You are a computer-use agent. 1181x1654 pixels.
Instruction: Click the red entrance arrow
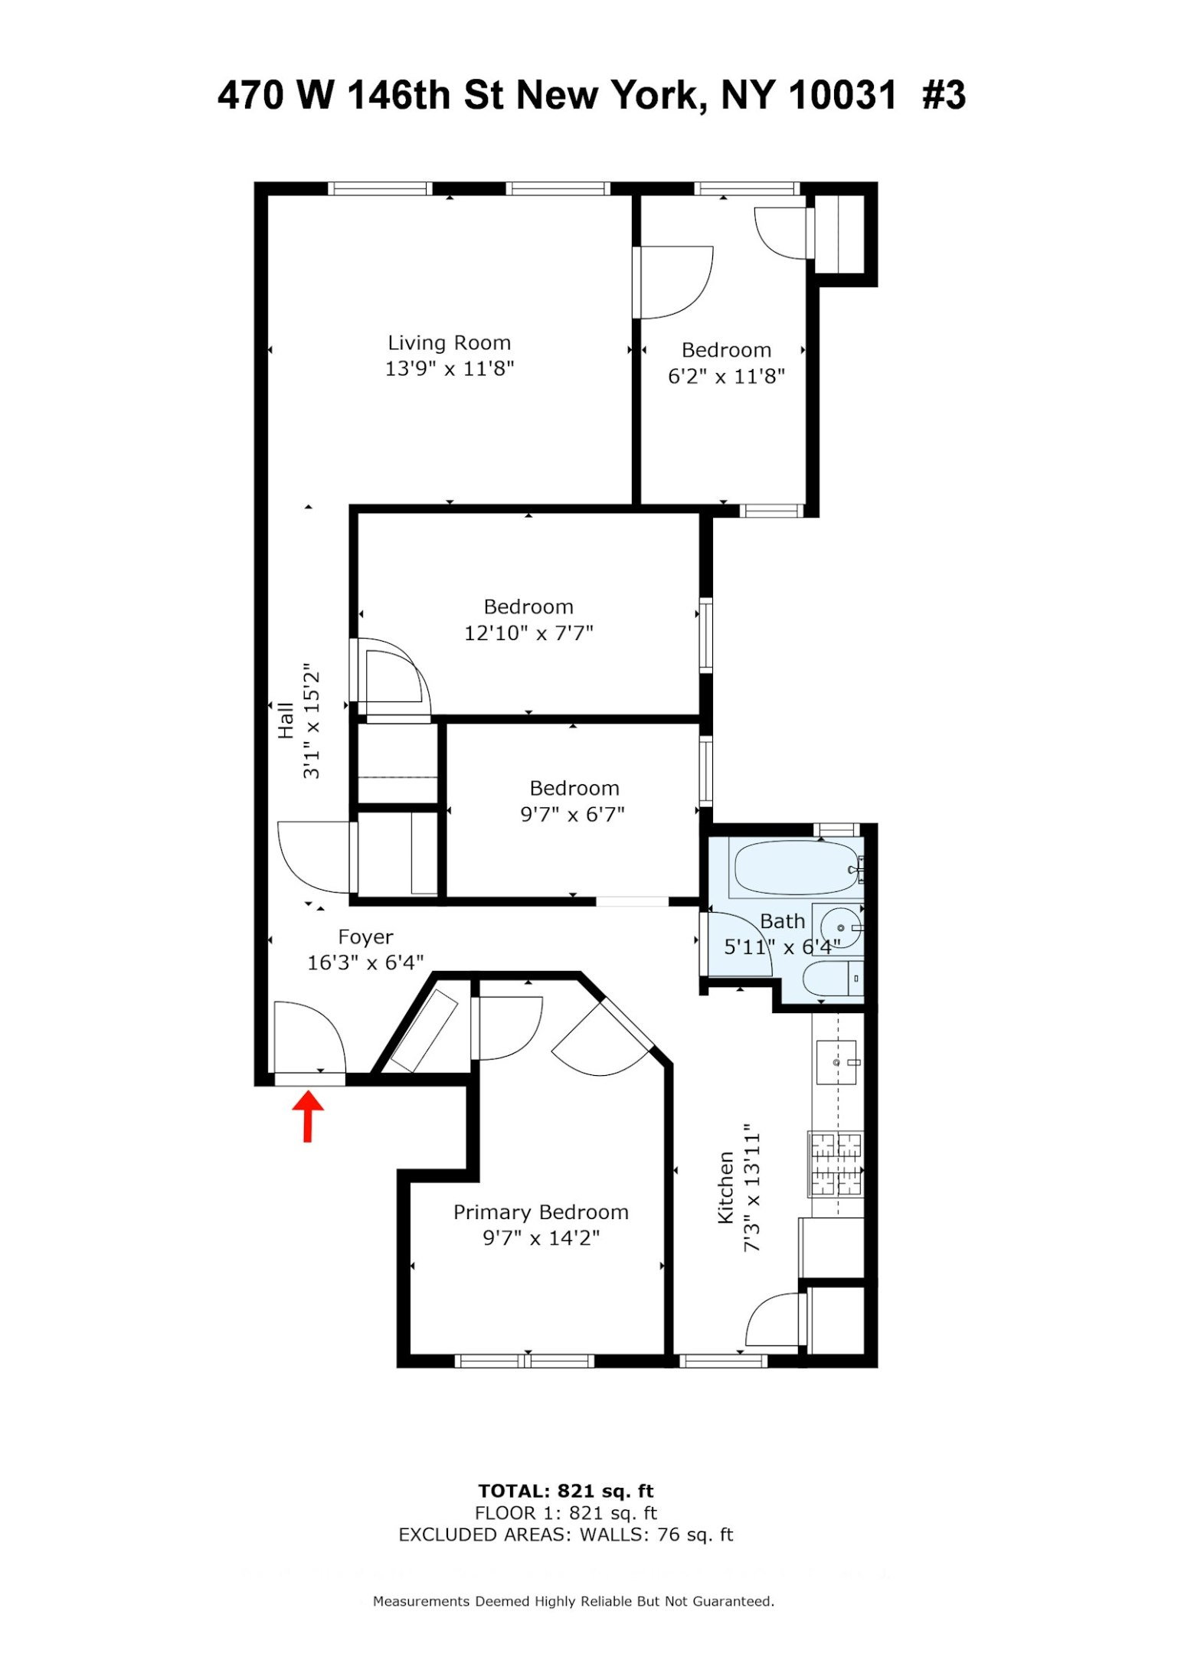tap(308, 1115)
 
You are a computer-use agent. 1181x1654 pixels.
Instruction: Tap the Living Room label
tap(449, 343)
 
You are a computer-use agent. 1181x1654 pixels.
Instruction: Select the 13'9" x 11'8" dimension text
tap(449, 369)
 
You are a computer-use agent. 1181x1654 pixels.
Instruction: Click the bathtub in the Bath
tap(797, 868)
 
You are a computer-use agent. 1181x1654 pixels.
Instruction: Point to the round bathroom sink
tap(839, 927)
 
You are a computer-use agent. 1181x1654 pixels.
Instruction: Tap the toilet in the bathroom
tap(830, 979)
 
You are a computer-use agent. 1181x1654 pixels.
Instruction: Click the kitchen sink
tap(836, 1062)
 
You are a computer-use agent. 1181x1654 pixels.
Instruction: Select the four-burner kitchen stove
tap(836, 1165)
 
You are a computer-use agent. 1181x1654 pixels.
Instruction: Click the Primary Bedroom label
tap(541, 1212)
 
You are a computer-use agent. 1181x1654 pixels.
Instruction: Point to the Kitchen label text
tap(725, 1188)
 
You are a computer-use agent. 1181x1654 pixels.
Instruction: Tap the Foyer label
tap(365, 937)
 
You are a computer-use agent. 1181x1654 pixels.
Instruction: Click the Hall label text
tap(286, 721)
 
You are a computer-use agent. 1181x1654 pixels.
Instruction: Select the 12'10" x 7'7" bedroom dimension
tap(528, 633)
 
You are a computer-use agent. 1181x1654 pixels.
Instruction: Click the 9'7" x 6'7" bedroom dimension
tap(573, 815)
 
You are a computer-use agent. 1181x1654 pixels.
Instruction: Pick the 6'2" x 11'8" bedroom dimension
tap(726, 377)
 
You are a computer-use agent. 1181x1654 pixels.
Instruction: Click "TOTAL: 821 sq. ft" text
tap(565, 1491)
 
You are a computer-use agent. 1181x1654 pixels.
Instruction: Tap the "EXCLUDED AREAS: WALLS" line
tap(565, 1535)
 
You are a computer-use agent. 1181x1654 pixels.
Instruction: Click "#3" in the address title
tap(944, 96)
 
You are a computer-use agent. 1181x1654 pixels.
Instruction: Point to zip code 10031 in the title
tap(842, 96)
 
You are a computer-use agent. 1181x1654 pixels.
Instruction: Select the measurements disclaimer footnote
tap(573, 1601)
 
